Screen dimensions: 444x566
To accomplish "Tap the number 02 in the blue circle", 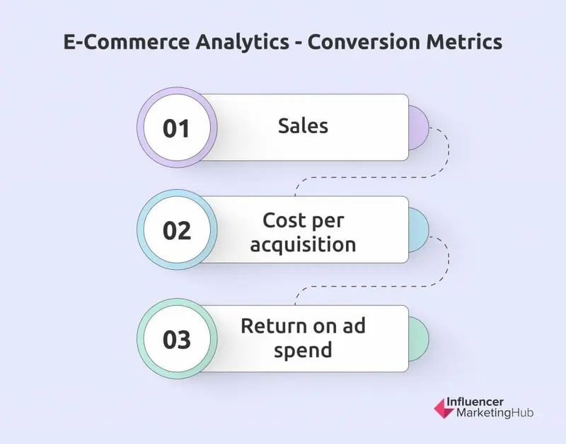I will click(177, 232).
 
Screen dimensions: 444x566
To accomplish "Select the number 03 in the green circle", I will click(177, 339).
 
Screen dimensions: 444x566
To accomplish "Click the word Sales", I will click(303, 125).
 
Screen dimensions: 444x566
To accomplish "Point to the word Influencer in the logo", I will click(478, 400).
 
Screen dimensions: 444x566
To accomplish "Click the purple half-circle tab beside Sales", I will click(418, 127).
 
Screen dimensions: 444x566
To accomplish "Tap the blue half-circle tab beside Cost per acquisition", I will click(418, 230).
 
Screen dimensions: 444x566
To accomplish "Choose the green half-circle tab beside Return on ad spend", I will click(418, 339).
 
